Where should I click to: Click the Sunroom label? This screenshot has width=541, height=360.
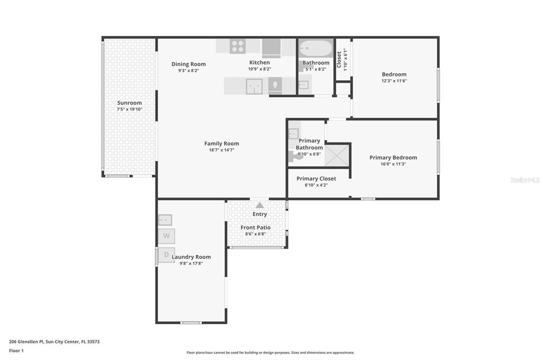[x=129, y=103]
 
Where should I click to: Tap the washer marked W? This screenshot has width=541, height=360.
[x=166, y=236]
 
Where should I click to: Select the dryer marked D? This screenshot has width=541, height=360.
[x=166, y=255]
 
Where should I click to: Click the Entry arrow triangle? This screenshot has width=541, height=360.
[x=260, y=205]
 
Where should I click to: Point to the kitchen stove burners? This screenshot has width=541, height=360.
[x=238, y=46]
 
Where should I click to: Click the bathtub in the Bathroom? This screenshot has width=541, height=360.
[x=315, y=48]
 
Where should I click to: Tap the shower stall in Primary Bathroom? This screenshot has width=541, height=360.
[x=337, y=156]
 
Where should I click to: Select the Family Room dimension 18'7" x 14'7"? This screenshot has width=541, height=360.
[x=221, y=150]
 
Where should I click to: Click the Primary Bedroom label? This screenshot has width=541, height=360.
[x=393, y=158]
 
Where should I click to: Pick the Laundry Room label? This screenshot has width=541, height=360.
[x=191, y=257]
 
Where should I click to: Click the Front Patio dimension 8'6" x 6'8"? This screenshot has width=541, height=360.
[x=255, y=234]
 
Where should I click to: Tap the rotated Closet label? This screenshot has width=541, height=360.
[x=339, y=60]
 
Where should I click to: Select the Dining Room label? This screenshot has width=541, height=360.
[x=189, y=64]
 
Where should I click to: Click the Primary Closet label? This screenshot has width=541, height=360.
[x=316, y=178]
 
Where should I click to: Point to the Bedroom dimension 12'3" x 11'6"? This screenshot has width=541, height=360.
[x=394, y=81]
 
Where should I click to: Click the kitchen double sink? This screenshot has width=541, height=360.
[x=254, y=87]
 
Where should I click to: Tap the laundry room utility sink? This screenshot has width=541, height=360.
[x=165, y=220]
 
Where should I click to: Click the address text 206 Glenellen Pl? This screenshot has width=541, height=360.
[x=26, y=342]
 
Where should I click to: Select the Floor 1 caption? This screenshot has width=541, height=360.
[x=16, y=350]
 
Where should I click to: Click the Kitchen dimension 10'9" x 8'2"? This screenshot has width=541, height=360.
[x=259, y=69]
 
